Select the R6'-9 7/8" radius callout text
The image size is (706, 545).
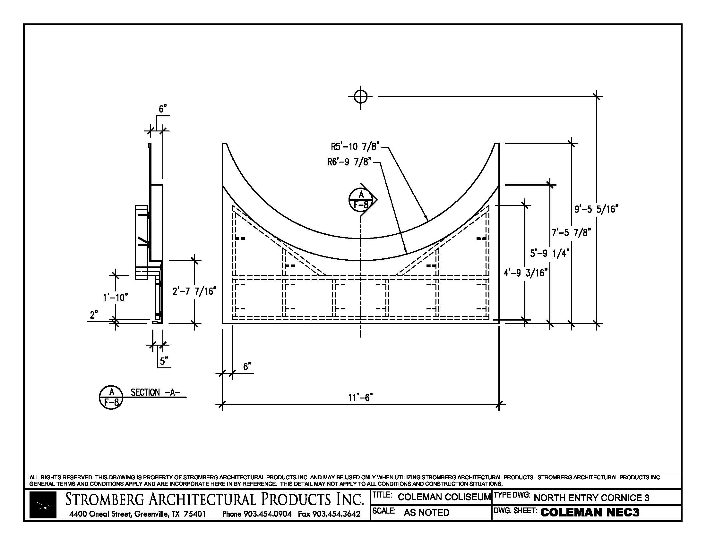pos(349,162)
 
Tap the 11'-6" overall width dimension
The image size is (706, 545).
pos(360,398)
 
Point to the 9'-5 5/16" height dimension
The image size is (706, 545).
pos(596,209)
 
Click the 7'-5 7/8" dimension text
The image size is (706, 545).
pos(571,232)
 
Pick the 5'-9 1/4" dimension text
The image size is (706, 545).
pos(549,253)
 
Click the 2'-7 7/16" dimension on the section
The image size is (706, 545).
pos(194,291)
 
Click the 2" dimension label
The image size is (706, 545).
pos(94,315)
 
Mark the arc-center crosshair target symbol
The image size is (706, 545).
pos(360,96)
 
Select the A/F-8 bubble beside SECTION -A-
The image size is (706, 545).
pos(111,397)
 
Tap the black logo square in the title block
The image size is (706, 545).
pos(43,505)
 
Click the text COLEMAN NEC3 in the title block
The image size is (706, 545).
pos(590,512)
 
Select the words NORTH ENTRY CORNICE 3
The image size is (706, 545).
pos(591,498)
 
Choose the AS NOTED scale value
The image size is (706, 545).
pos(426,512)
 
